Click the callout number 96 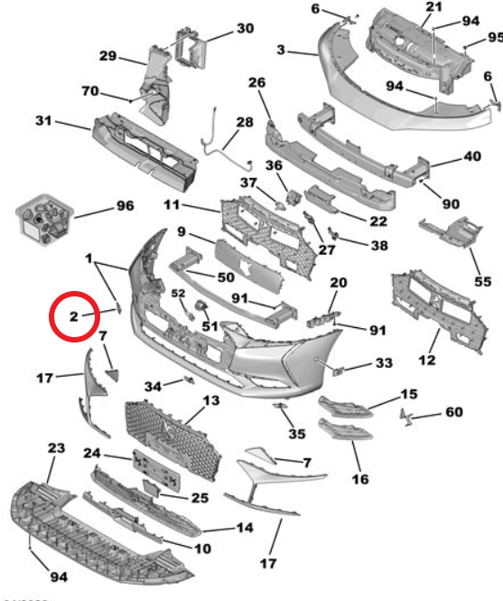coord(126,206)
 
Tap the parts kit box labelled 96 coord(45,220)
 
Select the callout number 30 coord(246,28)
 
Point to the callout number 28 coord(245,122)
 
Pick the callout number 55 coord(483,282)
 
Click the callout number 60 coord(454,412)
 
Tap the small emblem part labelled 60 coord(405,417)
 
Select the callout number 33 coord(384,362)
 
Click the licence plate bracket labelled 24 coord(156,470)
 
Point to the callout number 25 coord(200,498)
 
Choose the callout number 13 coord(211,400)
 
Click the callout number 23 coord(56,448)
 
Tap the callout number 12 coord(427,361)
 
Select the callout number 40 coord(472,156)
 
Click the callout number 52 coord(178,293)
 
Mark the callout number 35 coord(297,434)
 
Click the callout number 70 coord(90,91)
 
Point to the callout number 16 coord(360,479)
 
